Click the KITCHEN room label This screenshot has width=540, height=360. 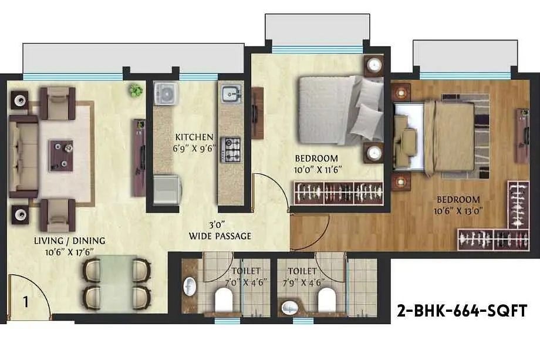pyautogui.click(x=194, y=137)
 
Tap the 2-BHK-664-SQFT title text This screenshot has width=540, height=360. pyautogui.click(x=462, y=311)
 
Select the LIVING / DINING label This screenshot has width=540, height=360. pyautogui.click(x=70, y=240)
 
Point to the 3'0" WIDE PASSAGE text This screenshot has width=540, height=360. pyautogui.click(x=220, y=231)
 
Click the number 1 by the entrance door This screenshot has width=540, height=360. pyautogui.click(x=26, y=302)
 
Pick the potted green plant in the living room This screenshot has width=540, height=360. pyautogui.click(x=136, y=90)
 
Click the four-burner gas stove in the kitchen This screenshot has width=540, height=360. pyautogui.click(x=231, y=150)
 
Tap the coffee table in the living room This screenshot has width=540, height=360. pyautogui.click(x=61, y=156)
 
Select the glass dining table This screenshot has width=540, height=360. pyautogui.click(x=116, y=282)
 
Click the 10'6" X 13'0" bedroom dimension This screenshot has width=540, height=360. pyautogui.click(x=458, y=211)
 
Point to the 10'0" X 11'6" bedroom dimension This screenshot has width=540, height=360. pyautogui.click(x=318, y=170)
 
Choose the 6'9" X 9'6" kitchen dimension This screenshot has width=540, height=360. pyautogui.click(x=194, y=149)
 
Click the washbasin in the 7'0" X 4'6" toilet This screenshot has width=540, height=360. pyautogui.click(x=190, y=287)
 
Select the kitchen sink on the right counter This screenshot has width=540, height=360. pyautogui.click(x=231, y=93)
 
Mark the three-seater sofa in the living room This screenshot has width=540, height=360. pyautogui.click(x=23, y=157)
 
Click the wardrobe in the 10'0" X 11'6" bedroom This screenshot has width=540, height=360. pyautogui.click(x=339, y=193)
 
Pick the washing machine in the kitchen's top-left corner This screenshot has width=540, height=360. pyautogui.click(x=166, y=93)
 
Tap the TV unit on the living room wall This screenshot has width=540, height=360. pyautogui.click(x=140, y=158)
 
